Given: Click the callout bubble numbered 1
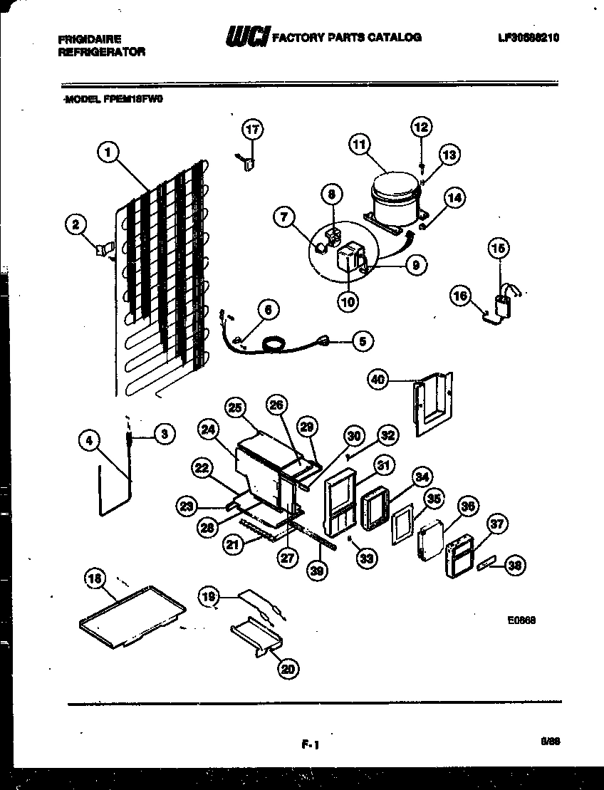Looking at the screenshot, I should [x=107, y=151].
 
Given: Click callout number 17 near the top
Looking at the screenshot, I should [x=252, y=129].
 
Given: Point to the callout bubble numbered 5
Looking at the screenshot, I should [x=363, y=342].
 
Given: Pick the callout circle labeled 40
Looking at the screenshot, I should [x=378, y=380].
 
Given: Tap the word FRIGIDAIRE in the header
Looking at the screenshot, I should [x=90, y=39].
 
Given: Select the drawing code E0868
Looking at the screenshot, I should [x=521, y=620].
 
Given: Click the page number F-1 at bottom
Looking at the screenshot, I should [x=308, y=745].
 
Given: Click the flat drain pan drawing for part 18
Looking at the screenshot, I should [x=132, y=613].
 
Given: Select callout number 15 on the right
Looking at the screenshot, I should [x=499, y=249].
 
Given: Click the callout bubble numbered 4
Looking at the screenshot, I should [x=89, y=442].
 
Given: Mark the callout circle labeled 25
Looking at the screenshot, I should [x=235, y=408].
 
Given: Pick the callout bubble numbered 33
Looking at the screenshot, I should [x=366, y=559].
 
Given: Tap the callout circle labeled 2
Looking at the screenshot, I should [x=75, y=225].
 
